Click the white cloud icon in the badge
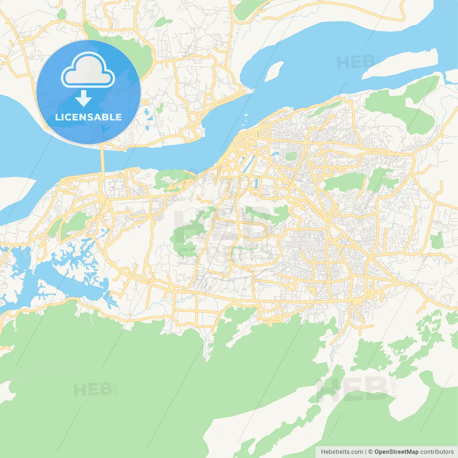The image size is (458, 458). tap(88, 70)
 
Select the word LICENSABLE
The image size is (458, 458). tap(88, 117)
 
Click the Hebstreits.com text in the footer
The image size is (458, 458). tap(342, 452)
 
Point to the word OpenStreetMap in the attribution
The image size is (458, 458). tap(396, 452)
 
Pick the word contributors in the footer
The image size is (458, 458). tap(437, 452)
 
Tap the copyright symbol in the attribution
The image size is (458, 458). tap(370, 452)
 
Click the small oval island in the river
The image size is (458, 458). tap(274, 70)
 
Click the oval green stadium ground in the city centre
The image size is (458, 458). tap(291, 156)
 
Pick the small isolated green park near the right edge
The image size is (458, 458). tap(437, 240)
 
